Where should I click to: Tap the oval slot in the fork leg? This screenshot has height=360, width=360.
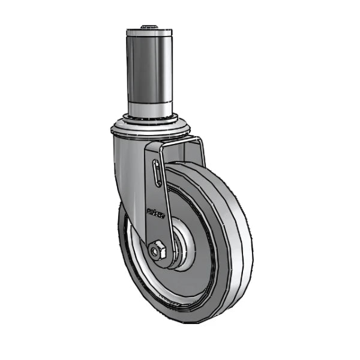point(157,174)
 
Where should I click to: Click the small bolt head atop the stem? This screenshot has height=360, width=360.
point(149,27)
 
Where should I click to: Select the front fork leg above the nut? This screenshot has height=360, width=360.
point(157,216)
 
